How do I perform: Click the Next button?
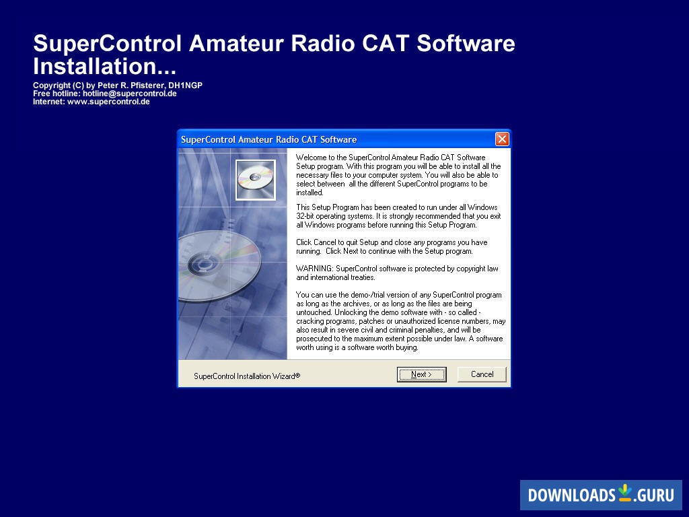pos(421,374)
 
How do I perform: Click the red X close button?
pos(502,139)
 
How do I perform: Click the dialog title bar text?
pos(268,139)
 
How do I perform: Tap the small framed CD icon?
pos(255,180)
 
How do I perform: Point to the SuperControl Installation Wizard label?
pos(246,376)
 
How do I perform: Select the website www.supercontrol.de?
pos(108,102)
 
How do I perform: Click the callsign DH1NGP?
pos(185,85)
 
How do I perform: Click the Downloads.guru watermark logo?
pos(600,495)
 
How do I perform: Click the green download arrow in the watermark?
pos(625,492)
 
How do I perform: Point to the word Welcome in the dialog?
pos(312,157)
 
